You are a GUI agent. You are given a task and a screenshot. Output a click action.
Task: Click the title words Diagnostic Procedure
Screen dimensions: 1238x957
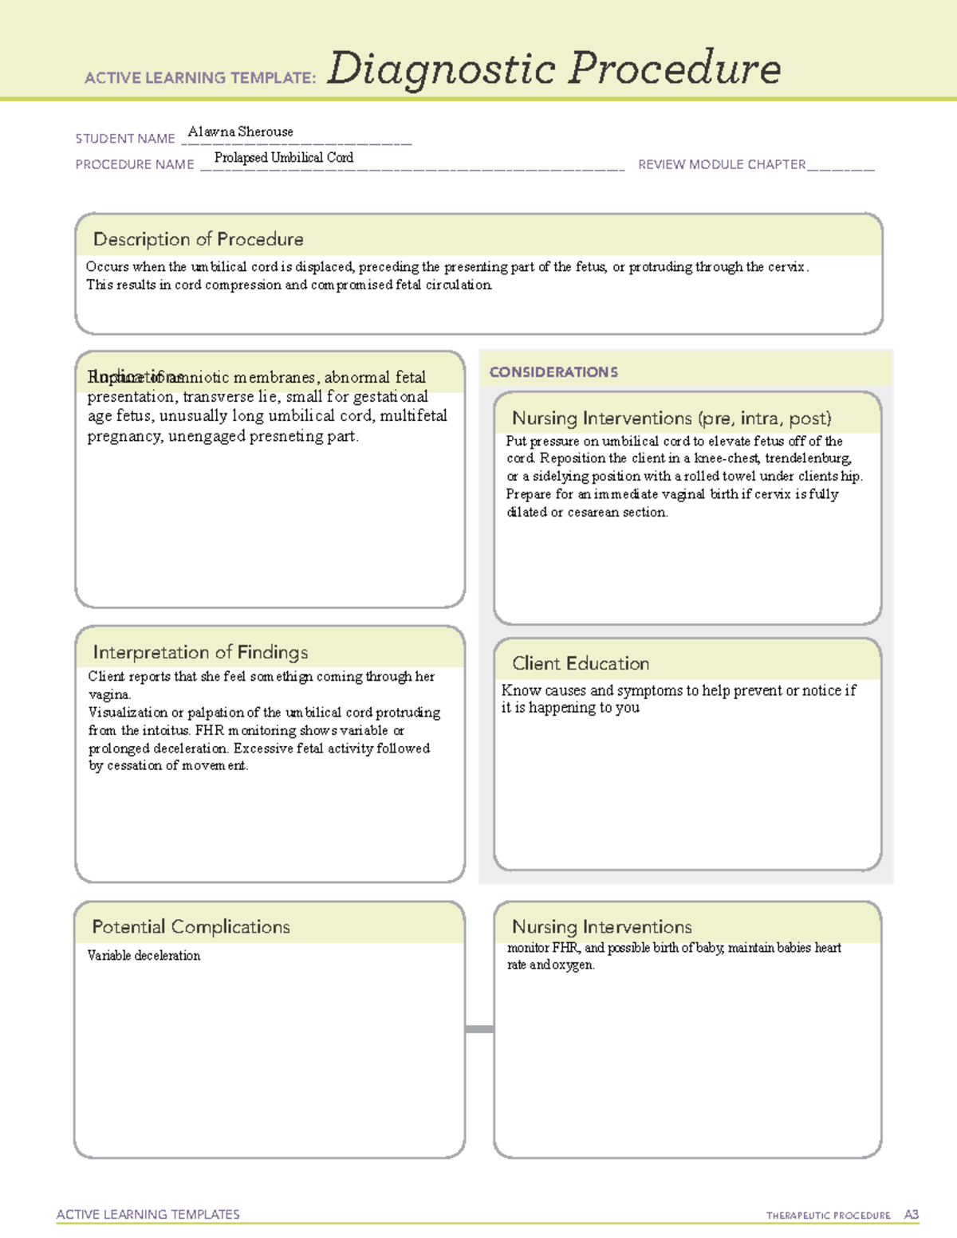pyautogui.click(x=553, y=69)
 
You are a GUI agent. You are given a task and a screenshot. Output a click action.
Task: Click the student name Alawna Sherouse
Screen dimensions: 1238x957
pyautogui.click(x=240, y=132)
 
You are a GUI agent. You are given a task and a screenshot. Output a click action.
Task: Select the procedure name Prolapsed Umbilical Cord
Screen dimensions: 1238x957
pyautogui.click(x=283, y=158)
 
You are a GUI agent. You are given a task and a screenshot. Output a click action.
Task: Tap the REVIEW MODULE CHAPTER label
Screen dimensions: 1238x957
pyautogui.click(x=721, y=164)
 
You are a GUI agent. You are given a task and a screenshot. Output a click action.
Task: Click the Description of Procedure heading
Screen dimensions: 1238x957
pyautogui.click(x=198, y=239)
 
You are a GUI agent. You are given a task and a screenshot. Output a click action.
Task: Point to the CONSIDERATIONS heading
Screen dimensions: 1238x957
pyautogui.click(x=553, y=372)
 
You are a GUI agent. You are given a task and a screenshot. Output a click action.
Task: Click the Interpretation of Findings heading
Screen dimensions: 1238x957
pyautogui.click(x=200, y=652)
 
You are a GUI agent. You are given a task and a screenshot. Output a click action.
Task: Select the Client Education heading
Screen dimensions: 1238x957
pyautogui.click(x=580, y=663)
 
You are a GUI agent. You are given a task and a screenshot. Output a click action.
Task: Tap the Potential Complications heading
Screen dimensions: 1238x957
pyautogui.click(x=191, y=926)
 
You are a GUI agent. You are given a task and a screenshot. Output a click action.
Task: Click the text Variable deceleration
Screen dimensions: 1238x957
pyautogui.click(x=144, y=955)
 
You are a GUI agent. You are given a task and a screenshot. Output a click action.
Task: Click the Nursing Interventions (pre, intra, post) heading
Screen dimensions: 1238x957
pyautogui.click(x=671, y=419)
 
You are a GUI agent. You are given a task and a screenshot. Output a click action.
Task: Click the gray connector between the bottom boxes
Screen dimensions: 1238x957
pyautogui.click(x=479, y=1029)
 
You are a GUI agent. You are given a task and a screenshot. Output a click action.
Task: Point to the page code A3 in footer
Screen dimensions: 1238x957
pyautogui.click(x=911, y=1215)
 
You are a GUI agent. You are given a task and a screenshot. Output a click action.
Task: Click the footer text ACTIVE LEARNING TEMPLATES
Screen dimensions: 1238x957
pyautogui.click(x=148, y=1214)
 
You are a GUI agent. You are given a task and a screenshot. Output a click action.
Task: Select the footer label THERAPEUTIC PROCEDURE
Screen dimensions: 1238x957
pyautogui.click(x=828, y=1216)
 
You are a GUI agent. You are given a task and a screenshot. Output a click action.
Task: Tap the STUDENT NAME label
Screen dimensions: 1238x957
pyautogui.click(x=125, y=139)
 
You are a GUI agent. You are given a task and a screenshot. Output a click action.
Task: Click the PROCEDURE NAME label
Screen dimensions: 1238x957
pyautogui.click(x=135, y=164)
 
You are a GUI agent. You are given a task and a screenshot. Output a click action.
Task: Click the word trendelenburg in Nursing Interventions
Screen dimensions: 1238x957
pyautogui.click(x=808, y=458)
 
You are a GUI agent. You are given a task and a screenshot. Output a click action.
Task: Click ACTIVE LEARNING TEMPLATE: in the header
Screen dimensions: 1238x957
pyautogui.click(x=200, y=78)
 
